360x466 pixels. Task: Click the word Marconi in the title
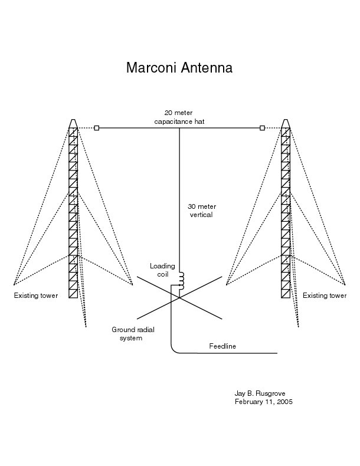[152, 68]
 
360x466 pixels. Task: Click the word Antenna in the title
[207, 68]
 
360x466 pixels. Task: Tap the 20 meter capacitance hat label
[179, 117]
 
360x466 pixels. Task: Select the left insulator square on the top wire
[97, 128]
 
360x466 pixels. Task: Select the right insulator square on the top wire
[262, 128]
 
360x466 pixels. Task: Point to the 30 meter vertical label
[202, 211]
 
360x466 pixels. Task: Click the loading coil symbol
[181, 281]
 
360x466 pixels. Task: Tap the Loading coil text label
[162, 270]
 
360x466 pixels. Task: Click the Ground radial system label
[133, 334]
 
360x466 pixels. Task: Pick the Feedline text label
[222, 346]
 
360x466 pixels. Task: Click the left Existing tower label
[35, 296]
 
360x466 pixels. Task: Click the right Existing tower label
[325, 296]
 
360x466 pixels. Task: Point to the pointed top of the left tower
[73, 120]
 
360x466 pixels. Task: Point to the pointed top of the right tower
[286, 120]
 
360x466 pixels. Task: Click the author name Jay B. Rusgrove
[260, 393]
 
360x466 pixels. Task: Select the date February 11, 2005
[264, 402]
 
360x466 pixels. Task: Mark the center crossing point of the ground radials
[179, 297]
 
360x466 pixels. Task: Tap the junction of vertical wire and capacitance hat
[179, 128]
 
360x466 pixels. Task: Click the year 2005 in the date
[284, 402]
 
